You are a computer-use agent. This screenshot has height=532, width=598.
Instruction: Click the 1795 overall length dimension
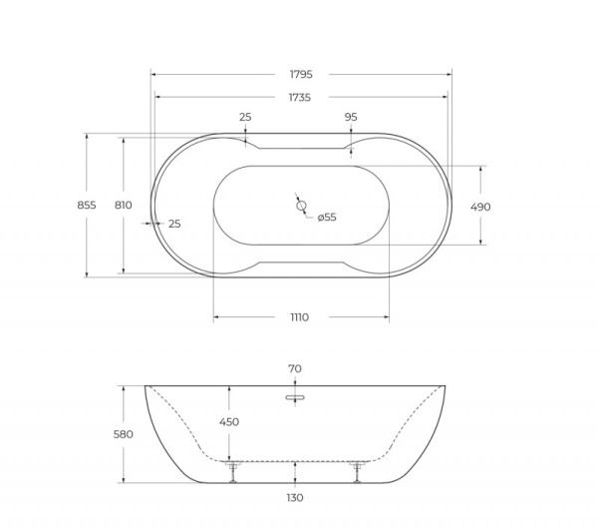tap(301, 73)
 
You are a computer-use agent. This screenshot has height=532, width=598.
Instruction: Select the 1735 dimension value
tap(299, 97)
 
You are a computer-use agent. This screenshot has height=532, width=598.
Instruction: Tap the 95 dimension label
tap(351, 117)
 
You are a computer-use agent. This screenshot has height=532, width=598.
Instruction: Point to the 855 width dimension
tap(87, 205)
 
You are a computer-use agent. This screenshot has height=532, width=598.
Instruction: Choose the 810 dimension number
tap(124, 205)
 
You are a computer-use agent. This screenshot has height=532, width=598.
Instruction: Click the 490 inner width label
tap(480, 207)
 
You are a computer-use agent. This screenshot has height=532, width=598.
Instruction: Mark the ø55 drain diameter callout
tap(327, 217)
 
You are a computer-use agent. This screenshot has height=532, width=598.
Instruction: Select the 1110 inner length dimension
tap(299, 317)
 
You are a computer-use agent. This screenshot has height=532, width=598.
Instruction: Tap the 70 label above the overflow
tap(295, 368)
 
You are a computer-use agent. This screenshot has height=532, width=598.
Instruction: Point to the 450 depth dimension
tap(229, 422)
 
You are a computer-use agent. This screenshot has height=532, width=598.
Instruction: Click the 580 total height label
tap(123, 434)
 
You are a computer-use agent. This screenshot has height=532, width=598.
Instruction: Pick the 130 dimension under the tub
tap(295, 497)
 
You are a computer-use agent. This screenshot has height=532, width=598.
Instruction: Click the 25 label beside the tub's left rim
tap(174, 224)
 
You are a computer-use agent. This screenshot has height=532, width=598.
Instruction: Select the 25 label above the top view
tap(245, 117)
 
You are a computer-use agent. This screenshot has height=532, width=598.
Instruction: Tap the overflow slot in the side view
tap(295, 396)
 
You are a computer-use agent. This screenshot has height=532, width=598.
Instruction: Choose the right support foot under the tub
tap(357, 470)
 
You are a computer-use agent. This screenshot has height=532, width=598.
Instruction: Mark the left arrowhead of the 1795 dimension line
tap(153, 73)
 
